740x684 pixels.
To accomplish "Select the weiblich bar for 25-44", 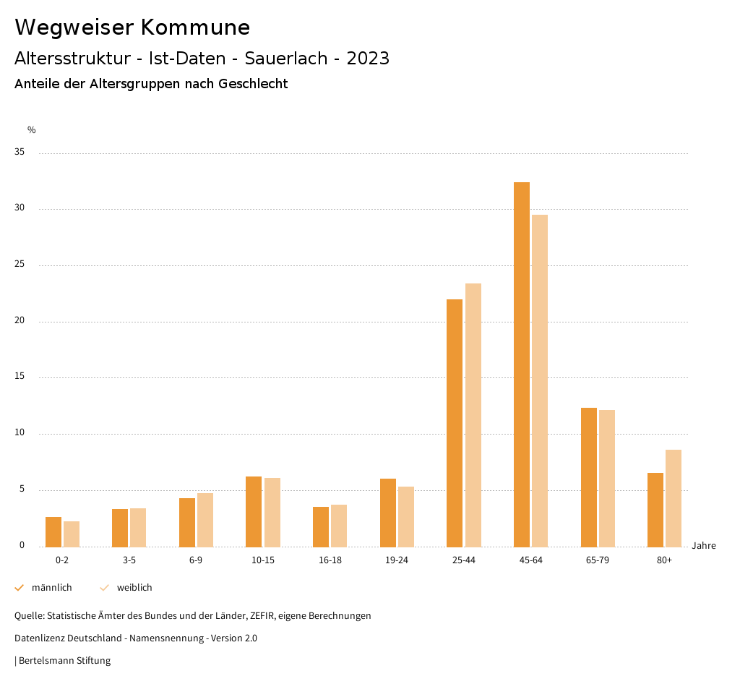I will (473, 415).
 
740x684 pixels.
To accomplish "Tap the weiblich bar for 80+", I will (674, 498).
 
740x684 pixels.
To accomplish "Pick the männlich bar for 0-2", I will (53, 532).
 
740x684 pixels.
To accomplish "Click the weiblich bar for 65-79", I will (607, 478).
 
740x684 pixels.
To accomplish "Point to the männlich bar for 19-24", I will (388, 513).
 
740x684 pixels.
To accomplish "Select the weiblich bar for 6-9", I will (205, 520).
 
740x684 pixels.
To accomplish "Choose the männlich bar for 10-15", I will (254, 511).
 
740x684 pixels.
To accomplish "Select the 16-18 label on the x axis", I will (330, 560).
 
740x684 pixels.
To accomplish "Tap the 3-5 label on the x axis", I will (129, 560).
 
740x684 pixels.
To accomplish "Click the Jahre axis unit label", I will (703, 546).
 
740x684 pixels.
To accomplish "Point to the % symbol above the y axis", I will (32, 130).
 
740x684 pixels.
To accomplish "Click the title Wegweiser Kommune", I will (132, 27).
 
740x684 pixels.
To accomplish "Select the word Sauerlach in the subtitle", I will (286, 59).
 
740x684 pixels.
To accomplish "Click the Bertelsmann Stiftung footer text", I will (64, 661).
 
